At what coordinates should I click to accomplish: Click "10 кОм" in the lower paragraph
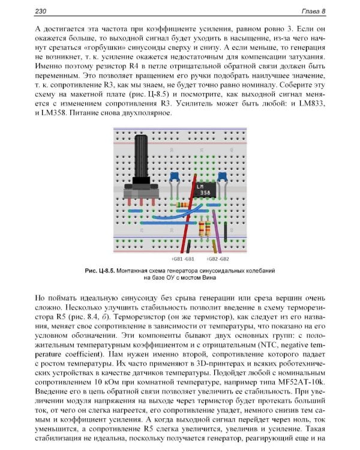[x=104, y=380]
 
